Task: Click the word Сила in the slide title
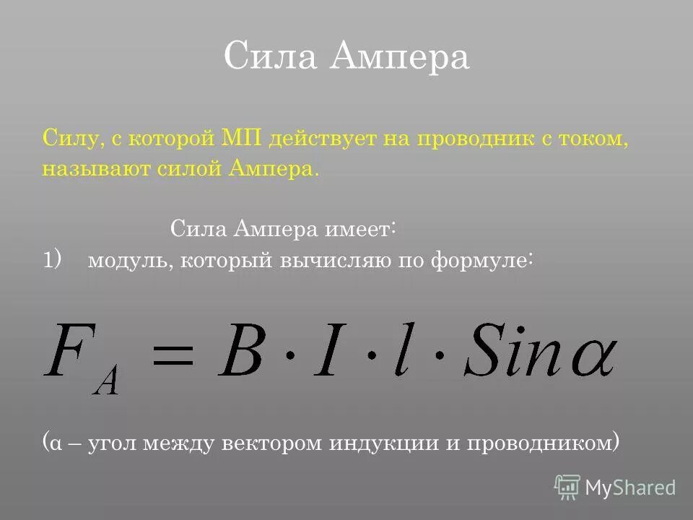pyautogui.click(x=270, y=57)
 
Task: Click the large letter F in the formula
pyautogui.click(x=69, y=351)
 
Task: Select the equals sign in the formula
pyautogui.click(x=174, y=355)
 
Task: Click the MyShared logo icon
pyautogui.click(x=567, y=487)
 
